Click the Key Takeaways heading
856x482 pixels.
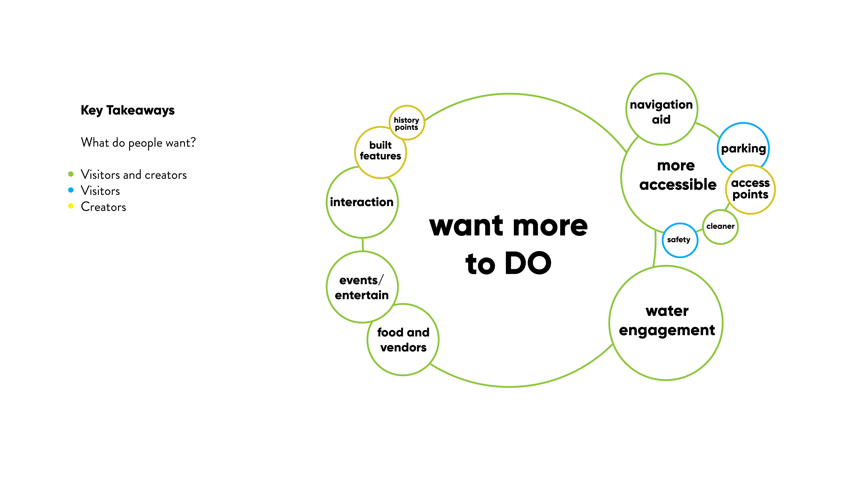pos(128,110)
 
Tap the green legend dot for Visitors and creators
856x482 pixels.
pos(71,174)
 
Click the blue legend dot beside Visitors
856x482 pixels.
pos(71,190)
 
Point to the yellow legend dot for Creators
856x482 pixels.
pos(71,206)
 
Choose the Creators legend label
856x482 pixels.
pos(103,207)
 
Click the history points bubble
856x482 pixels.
pos(406,123)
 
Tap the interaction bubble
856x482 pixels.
pos(362,202)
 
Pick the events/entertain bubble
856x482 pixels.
pos(362,287)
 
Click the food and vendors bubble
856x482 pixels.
pos(403,340)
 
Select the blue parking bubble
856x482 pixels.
pos(743,148)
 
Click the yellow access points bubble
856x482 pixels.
pos(750,189)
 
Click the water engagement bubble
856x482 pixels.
pos(667,321)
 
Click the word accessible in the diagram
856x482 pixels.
pos(678,184)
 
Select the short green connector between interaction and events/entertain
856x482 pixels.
pos(362,245)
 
